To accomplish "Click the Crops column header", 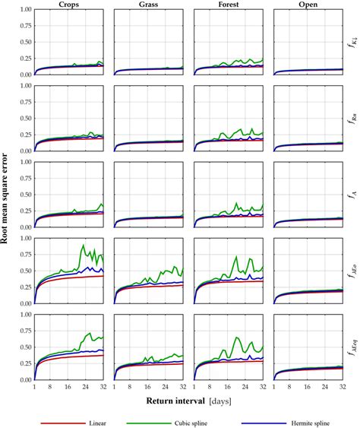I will (x=68, y=5).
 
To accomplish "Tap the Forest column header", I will (x=228, y=5).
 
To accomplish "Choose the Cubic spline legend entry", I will (x=197, y=417).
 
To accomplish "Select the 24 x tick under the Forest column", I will (x=245, y=386).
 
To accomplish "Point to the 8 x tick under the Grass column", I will (x=131, y=386).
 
